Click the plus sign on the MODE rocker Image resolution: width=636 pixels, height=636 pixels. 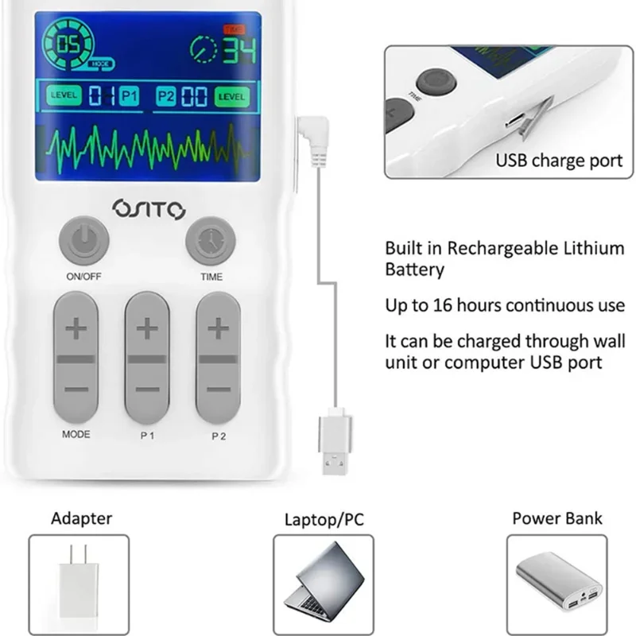76,330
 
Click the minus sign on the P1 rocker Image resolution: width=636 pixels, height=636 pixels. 147,390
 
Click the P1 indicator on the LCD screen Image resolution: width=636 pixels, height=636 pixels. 129,97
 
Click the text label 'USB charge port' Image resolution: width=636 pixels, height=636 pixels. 559,161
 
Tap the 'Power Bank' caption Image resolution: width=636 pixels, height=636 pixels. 556,519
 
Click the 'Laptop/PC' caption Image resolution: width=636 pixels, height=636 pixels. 324,521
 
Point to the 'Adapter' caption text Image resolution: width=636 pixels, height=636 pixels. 82,519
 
